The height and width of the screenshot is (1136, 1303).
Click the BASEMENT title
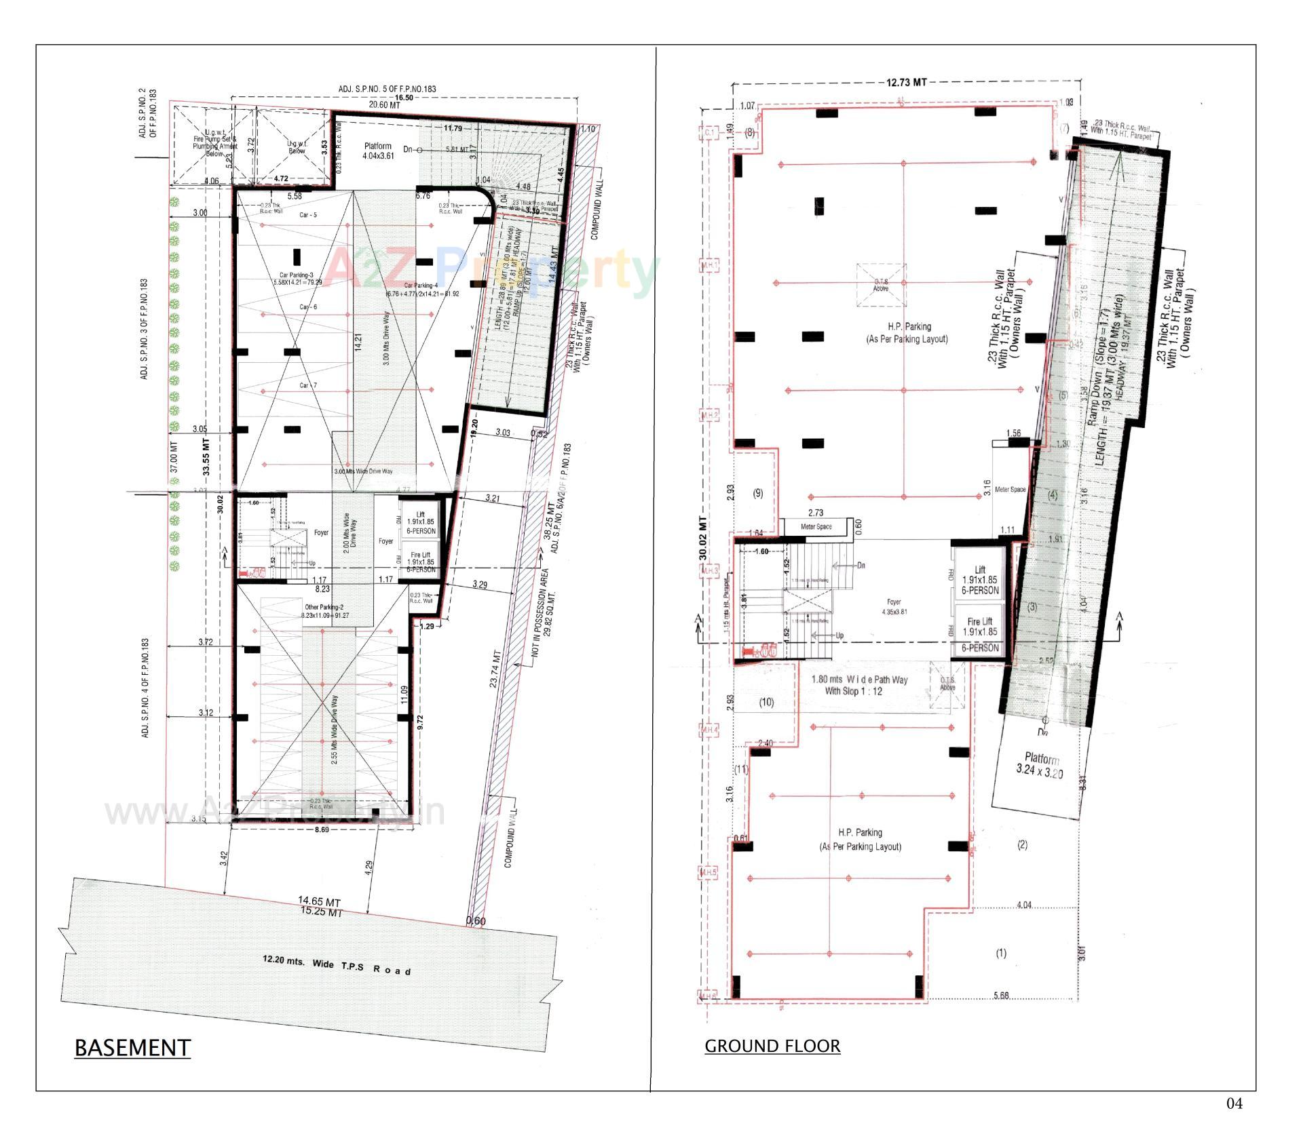coord(132,1047)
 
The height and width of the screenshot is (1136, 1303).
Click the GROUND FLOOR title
coord(772,1046)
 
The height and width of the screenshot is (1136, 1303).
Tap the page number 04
coord(1234,1104)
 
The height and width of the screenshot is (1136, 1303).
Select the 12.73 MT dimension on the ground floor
coord(906,83)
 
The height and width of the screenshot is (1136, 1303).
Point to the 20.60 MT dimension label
coord(384,105)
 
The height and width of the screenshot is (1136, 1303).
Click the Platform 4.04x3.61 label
coord(378,151)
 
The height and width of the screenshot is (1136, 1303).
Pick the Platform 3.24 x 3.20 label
coord(1040,765)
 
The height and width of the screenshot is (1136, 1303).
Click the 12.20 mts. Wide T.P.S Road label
coord(337,965)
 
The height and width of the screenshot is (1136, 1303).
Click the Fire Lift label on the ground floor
coord(979,626)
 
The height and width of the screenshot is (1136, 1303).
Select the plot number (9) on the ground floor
coord(758,493)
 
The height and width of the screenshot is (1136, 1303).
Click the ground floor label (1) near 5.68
coord(1001,953)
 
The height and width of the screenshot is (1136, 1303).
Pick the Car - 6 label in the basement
coord(309,307)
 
